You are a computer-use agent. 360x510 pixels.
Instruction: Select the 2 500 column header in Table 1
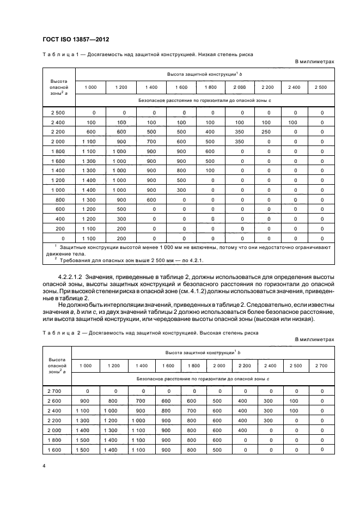[x=321, y=87]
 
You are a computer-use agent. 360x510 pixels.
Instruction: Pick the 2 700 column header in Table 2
[x=321, y=366]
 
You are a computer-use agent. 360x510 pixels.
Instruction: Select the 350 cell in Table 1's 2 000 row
[x=239, y=142]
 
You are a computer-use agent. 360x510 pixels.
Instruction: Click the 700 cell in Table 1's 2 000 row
[x=151, y=142]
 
